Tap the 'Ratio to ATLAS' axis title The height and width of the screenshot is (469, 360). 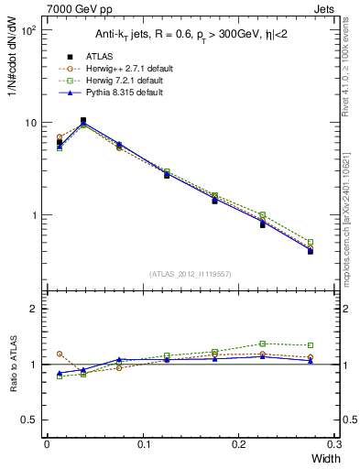[13, 365]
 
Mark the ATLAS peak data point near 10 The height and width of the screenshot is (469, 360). [83, 120]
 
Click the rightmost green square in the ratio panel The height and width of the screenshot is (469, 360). [311, 345]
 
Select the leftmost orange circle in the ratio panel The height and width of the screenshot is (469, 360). [60, 354]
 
